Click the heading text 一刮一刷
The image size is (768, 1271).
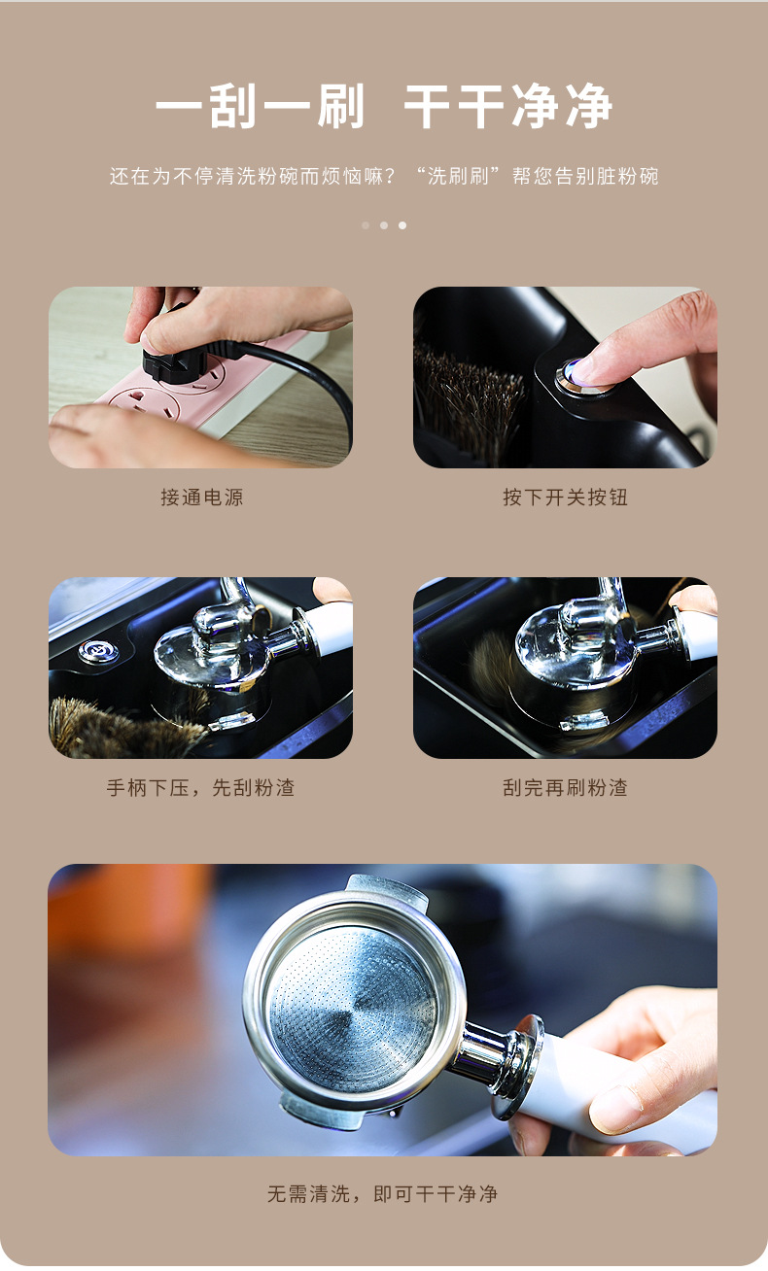click(260, 107)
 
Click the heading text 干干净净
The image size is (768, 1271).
click(507, 107)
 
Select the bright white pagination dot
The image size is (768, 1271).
click(402, 225)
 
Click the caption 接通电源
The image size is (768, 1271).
click(201, 498)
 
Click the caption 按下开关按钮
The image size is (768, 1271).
click(565, 498)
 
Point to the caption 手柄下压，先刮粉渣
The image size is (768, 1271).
click(201, 788)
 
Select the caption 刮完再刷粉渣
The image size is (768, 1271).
click(565, 788)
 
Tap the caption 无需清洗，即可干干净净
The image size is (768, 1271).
click(383, 1194)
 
